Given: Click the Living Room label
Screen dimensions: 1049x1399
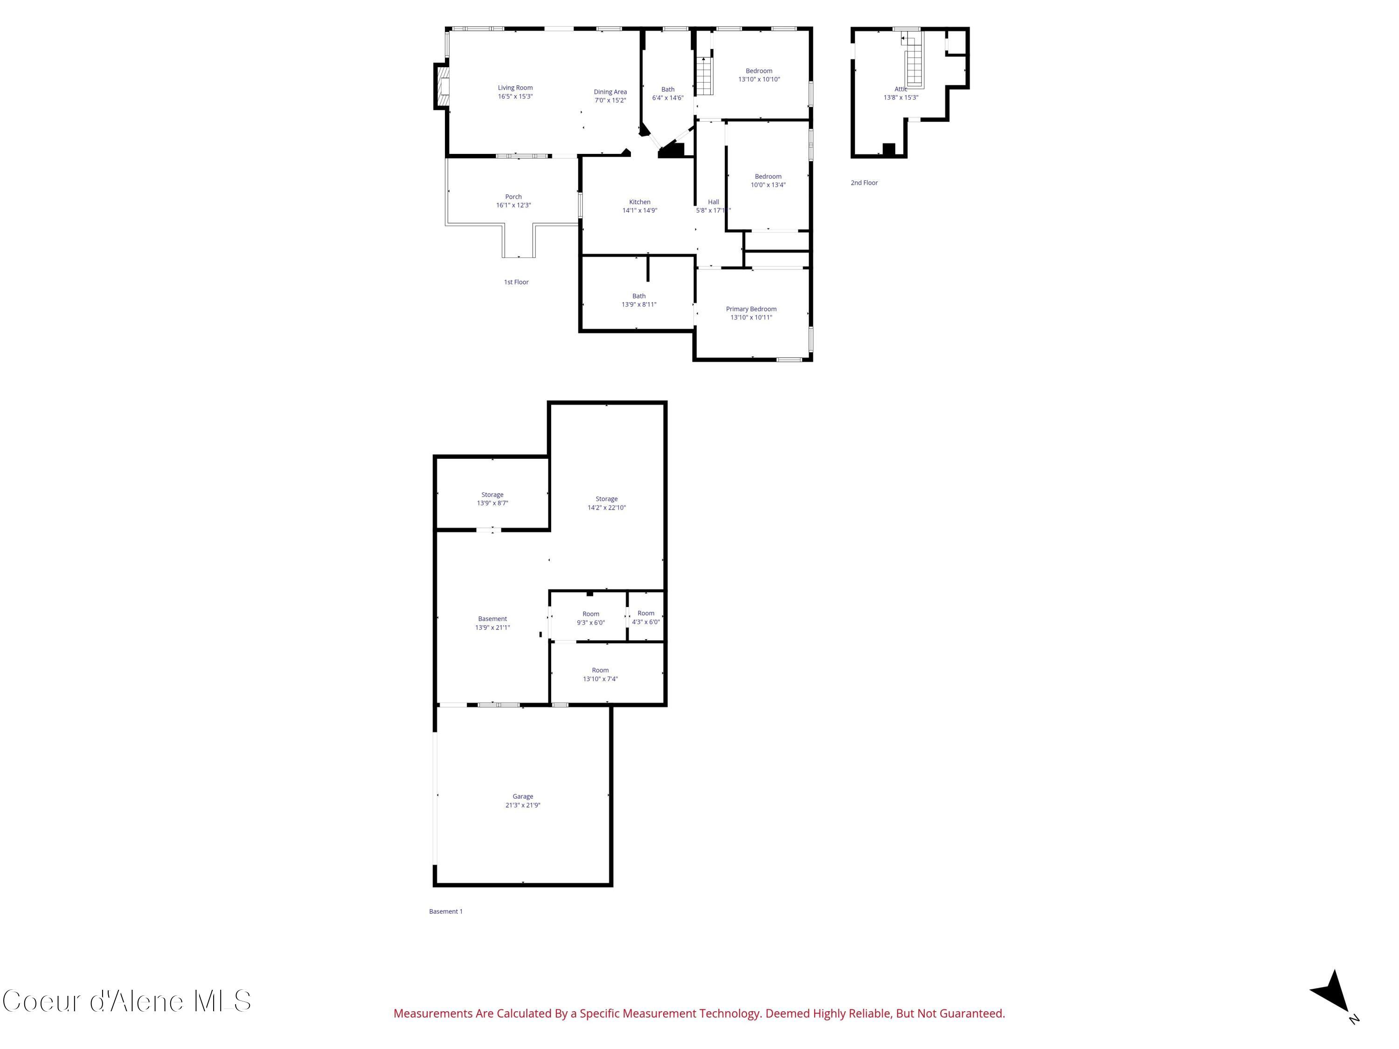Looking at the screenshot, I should click(x=515, y=88).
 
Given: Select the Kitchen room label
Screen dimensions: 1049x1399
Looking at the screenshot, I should click(x=639, y=202).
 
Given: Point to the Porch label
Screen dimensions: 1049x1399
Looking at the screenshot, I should click(x=513, y=197).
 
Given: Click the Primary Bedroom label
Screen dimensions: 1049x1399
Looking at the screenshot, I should click(x=751, y=309).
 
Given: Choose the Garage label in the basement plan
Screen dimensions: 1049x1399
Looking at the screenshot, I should click(x=522, y=797).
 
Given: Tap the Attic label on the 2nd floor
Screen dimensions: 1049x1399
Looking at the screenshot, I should click(x=900, y=89).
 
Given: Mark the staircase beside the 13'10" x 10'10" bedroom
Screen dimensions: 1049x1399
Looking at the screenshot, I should click(x=704, y=76).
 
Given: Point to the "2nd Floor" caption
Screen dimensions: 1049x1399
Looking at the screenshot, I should click(x=864, y=183).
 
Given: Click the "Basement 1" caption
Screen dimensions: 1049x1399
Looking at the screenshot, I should click(x=446, y=911).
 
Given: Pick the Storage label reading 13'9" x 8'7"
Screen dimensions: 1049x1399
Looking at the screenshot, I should click(x=492, y=495).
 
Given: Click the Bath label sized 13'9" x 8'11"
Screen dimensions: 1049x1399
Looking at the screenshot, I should click(x=639, y=296).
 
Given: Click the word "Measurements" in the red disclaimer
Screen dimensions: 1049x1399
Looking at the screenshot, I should click(x=433, y=1014).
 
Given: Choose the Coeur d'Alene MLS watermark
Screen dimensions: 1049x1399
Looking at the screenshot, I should click(x=126, y=1001).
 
